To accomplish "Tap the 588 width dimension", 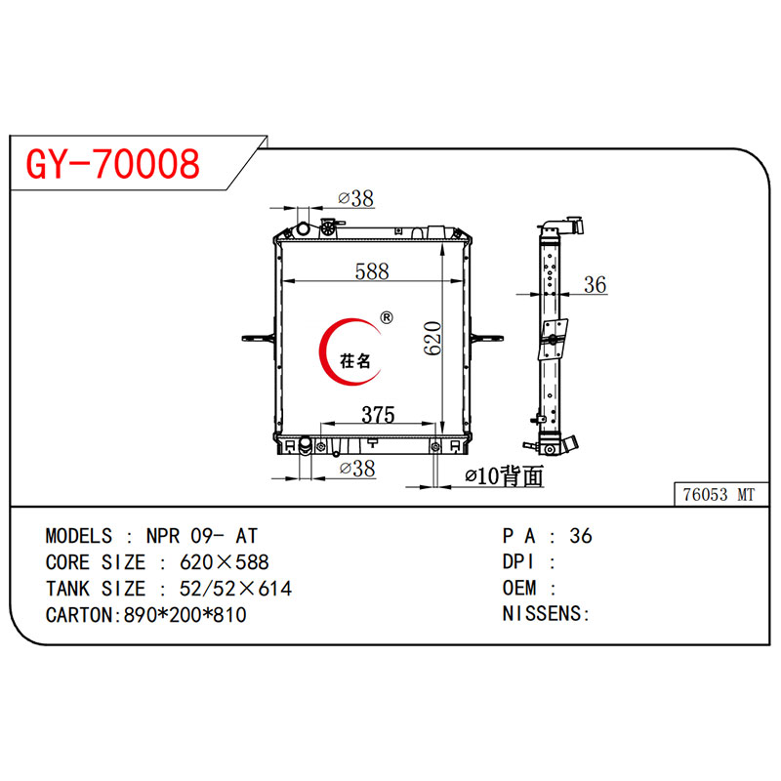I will click(x=372, y=271).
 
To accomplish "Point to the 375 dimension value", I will click(x=377, y=414).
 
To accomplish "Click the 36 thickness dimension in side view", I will click(x=595, y=285).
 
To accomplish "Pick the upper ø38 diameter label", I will click(x=355, y=198).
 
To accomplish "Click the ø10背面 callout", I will click(x=503, y=476).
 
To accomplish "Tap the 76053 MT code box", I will click(x=718, y=495).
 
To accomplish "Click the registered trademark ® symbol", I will click(x=386, y=317).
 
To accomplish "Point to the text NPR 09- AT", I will click(x=203, y=536).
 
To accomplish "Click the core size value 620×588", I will click(x=225, y=562).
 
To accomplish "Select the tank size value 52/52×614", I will click(x=235, y=589).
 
